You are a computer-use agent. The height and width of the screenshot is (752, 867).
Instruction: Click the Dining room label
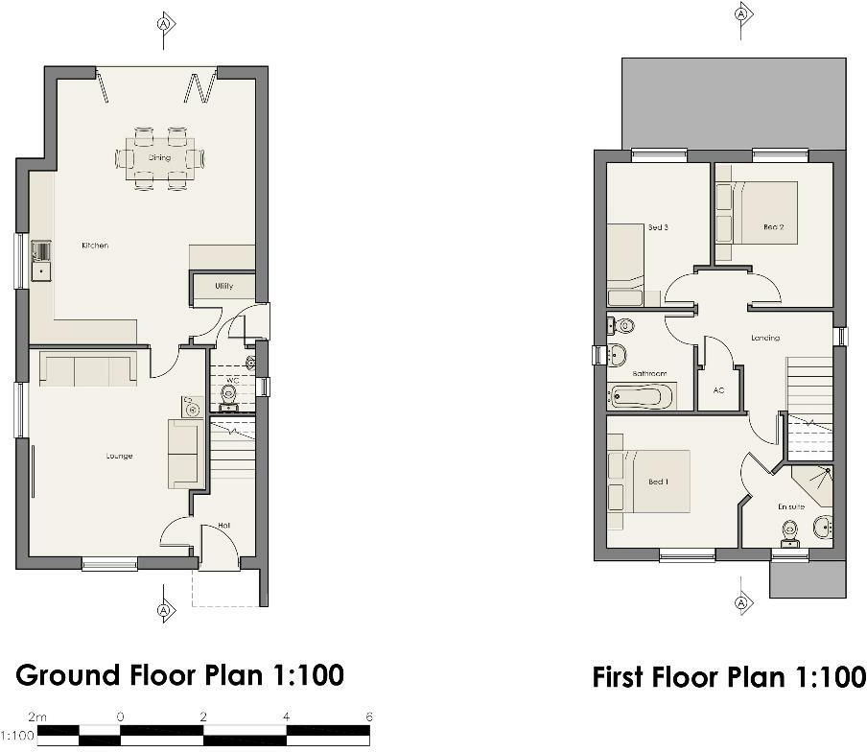tap(159, 157)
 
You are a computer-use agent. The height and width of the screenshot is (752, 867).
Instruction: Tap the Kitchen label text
tap(95, 246)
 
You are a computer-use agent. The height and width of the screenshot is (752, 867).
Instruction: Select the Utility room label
tap(223, 286)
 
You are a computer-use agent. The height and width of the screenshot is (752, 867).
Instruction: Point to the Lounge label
tap(119, 456)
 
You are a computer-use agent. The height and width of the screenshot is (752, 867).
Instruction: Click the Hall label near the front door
tap(223, 526)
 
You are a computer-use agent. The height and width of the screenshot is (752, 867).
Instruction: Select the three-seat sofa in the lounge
tap(87, 369)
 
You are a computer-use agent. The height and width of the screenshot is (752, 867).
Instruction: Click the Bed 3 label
tap(657, 228)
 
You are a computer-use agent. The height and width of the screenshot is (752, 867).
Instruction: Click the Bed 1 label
tap(657, 482)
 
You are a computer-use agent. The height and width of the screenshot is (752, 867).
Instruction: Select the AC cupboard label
tap(717, 391)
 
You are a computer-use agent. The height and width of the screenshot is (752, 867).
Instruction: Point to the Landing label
tap(765, 338)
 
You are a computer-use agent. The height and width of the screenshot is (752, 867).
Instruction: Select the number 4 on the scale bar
tap(286, 717)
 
